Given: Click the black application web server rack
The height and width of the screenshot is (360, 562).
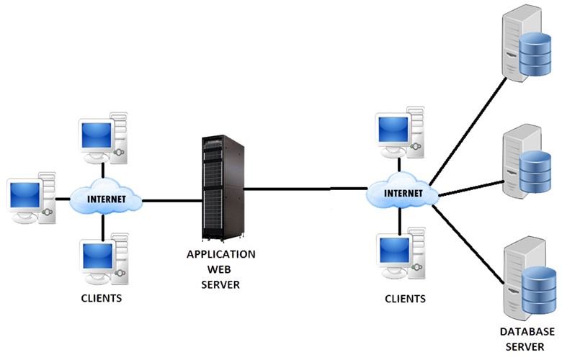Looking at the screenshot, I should click(x=222, y=189).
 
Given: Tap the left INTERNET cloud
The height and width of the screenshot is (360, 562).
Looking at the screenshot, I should click(x=106, y=199).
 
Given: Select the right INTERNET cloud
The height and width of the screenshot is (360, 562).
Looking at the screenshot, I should click(x=403, y=193).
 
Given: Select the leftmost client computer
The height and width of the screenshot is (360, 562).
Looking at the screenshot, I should click(x=31, y=198).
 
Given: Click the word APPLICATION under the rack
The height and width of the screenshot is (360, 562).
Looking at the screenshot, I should click(x=220, y=254).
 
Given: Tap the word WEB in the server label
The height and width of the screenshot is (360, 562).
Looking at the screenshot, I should click(x=221, y=269).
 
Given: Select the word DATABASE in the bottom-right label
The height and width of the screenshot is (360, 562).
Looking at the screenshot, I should click(x=528, y=332).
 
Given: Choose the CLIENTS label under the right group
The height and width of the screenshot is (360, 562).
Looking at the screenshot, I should click(x=405, y=298).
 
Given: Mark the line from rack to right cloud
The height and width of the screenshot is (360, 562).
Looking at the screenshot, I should click(x=306, y=189).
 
